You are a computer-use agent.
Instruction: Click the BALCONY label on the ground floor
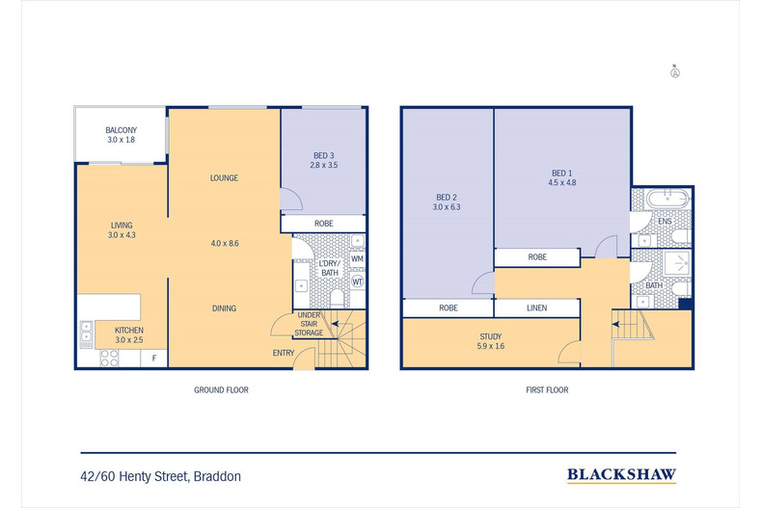pos(121,130)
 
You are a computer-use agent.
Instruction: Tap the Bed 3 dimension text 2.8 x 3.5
pos(324,165)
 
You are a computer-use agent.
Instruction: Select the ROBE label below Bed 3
pos(324,224)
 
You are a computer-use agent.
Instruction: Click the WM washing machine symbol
pos(357,259)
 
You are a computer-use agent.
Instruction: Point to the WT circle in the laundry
pos(357,281)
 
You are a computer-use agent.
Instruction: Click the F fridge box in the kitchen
pos(154,359)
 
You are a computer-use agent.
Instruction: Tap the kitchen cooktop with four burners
pos(109,358)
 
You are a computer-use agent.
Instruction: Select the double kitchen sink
pos(86,334)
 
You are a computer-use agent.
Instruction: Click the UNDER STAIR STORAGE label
pos(309,324)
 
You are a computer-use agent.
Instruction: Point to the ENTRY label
pos(284,353)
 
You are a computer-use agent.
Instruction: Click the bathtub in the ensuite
pos(668,199)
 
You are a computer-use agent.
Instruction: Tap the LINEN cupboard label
pos(537,307)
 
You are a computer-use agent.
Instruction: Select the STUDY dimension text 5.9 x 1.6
pos(491,346)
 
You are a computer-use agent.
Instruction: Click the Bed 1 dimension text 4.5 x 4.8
pos(562,182)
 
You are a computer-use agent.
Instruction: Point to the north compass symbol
pos(675,72)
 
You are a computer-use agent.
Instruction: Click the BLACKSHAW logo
pos(621,474)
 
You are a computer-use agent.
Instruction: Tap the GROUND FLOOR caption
pos(221,390)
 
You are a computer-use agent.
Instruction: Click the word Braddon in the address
pos(217,476)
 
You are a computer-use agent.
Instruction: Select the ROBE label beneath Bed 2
pos(449,307)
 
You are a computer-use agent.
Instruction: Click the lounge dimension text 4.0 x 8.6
pos(225,243)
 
